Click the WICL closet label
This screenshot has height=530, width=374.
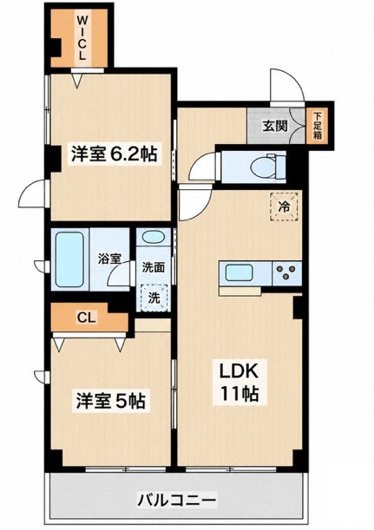(x=82, y=37)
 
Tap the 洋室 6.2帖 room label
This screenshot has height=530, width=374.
(x=114, y=154)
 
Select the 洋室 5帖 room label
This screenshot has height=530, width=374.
(x=111, y=402)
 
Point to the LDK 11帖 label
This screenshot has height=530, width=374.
(x=239, y=382)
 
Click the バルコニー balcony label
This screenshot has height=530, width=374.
(x=176, y=500)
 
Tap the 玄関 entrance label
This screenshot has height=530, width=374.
(x=275, y=126)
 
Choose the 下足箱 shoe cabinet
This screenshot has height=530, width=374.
(x=318, y=126)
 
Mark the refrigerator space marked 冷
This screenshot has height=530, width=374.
(x=284, y=206)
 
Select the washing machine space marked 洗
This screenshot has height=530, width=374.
(x=154, y=298)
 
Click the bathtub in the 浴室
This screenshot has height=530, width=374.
(x=69, y=259)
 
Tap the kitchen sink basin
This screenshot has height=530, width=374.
(x=239, y=272)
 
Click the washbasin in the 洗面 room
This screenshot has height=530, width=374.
(x=154, y=238)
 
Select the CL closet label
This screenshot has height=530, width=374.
(x=87, y=317)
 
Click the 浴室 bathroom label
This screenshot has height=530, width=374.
(x=109, y=258)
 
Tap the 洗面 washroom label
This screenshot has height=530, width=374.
(x=154, y=268)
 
